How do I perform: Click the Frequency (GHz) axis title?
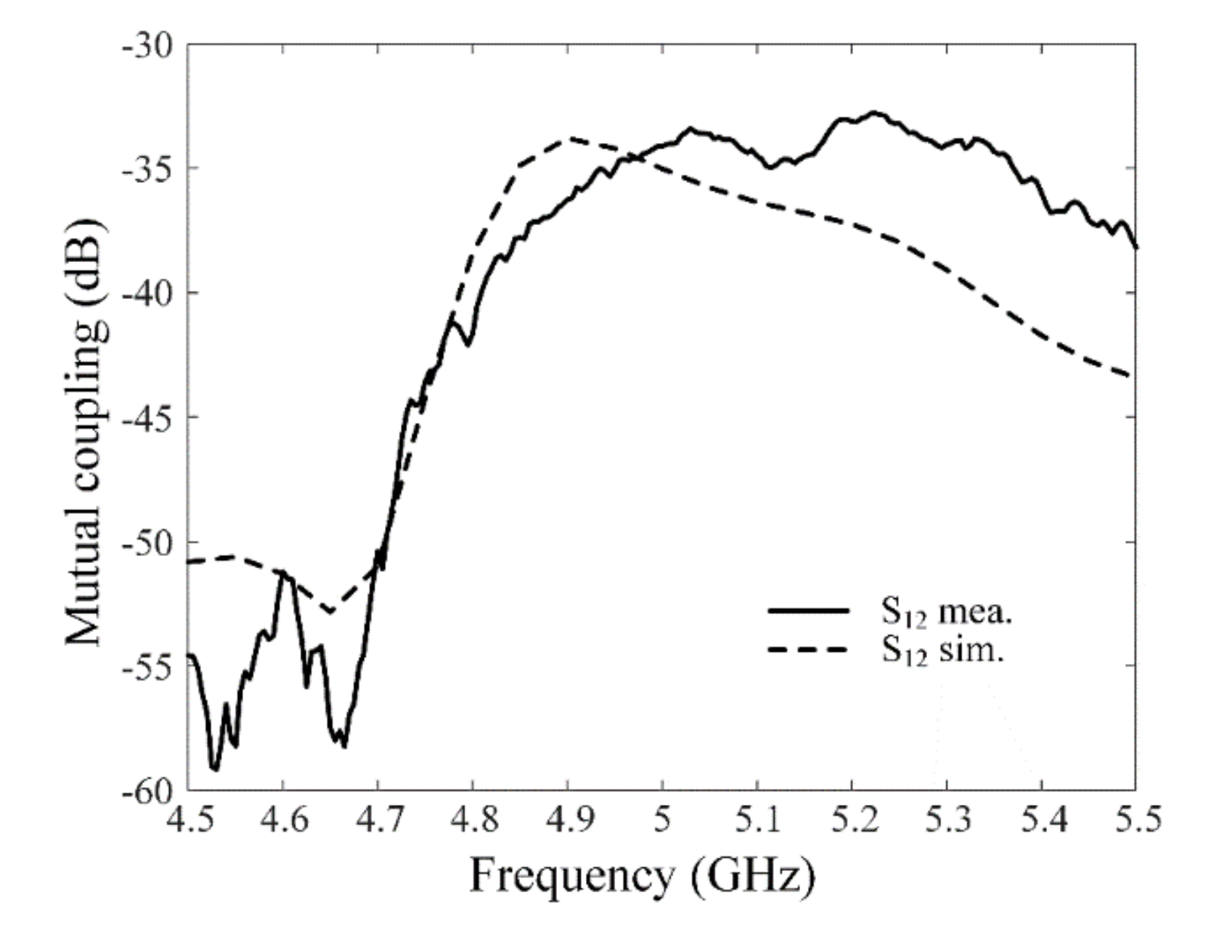tap(642, 876)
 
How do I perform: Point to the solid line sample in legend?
tap(808, 611)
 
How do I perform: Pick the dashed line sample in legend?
tap(808, 649)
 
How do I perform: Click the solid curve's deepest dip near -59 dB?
tap(214, 769)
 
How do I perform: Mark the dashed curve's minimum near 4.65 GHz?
tap(330, 611)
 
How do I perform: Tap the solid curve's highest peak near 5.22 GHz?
tap(874, 113)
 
